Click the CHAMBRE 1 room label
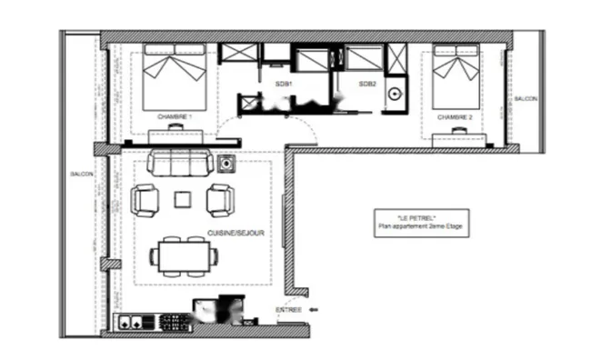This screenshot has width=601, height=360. click(x=173, y=116)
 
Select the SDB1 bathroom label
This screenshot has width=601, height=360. click(x=283, y=84)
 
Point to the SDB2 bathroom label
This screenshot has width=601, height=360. click(x=366, y=84)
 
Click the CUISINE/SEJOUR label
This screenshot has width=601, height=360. click(x=235, y=233)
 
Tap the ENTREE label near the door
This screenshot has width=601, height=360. click(x=288, y=311)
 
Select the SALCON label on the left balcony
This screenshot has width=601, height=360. click(x=81, y=174)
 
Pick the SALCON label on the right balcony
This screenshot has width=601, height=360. click(x=525, y=98)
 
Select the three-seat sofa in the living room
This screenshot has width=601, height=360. click(x=181, y=163)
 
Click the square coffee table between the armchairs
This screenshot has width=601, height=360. click(x=183, y=199)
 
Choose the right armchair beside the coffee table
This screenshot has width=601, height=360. click(x=220, y=199)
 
